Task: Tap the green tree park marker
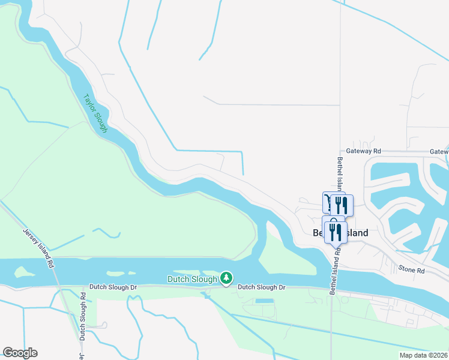(x=226, y=278)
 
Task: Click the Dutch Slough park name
(x=191, y=278)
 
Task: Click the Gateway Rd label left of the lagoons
(x=364, y=152)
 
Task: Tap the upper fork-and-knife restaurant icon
(x=341, y=205)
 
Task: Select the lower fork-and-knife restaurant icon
(x=336, y=232)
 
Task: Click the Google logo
(x=20, y=353)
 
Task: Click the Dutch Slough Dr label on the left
(x=113, y=287)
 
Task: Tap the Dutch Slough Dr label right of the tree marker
(x=261, y=287)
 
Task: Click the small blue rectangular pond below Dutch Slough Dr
(x=264, y=300)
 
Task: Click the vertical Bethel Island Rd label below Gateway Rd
(x=340, y=174)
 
